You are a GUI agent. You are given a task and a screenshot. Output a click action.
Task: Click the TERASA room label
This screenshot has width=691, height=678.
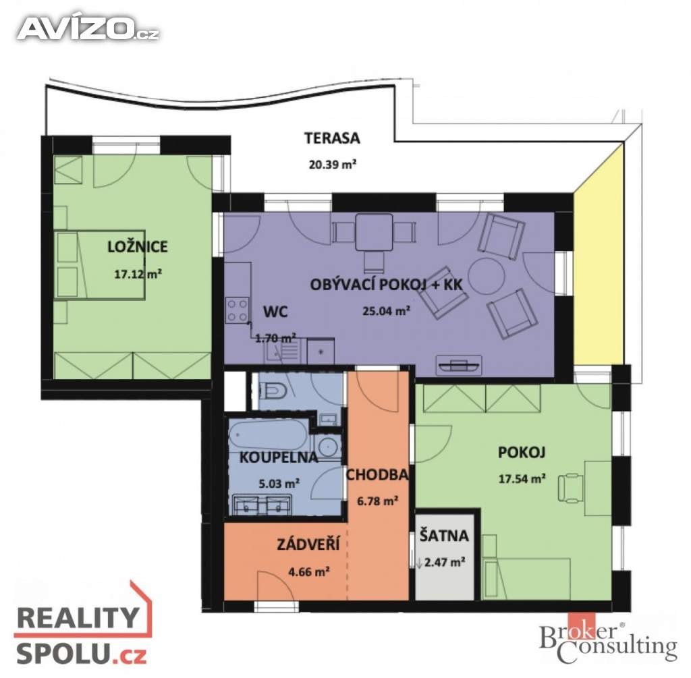pos(332,138)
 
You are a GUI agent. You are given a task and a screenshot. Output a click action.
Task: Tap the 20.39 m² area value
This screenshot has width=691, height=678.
pos(332,165)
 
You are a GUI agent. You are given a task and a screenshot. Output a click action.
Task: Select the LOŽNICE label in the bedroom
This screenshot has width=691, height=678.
pos(138,246)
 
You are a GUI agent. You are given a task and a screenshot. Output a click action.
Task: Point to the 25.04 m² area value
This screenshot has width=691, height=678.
pos(387,311)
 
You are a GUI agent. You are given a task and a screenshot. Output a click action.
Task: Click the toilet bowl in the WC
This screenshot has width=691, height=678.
pos(274,389)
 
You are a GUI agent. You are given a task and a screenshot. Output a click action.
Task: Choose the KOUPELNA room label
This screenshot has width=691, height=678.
pos(279,457)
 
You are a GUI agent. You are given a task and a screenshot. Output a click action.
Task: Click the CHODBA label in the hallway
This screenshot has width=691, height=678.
pos(377,474)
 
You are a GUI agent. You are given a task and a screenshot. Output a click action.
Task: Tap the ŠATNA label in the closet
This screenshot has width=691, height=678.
pos(444,535)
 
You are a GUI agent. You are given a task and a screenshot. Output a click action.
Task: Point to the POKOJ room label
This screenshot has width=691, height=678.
pos(522,452)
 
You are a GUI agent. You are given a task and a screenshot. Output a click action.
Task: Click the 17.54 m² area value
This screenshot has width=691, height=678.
pos(522,478)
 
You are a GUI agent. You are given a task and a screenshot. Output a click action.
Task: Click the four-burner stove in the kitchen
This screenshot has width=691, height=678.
pos(237,310)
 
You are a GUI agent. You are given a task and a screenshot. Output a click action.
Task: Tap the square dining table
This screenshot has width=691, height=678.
pos(374,232)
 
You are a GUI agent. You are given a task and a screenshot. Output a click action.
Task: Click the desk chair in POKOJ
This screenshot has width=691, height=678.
pos(569,488)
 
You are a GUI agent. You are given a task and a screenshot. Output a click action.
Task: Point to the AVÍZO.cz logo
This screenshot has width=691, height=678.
pos(88,29)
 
